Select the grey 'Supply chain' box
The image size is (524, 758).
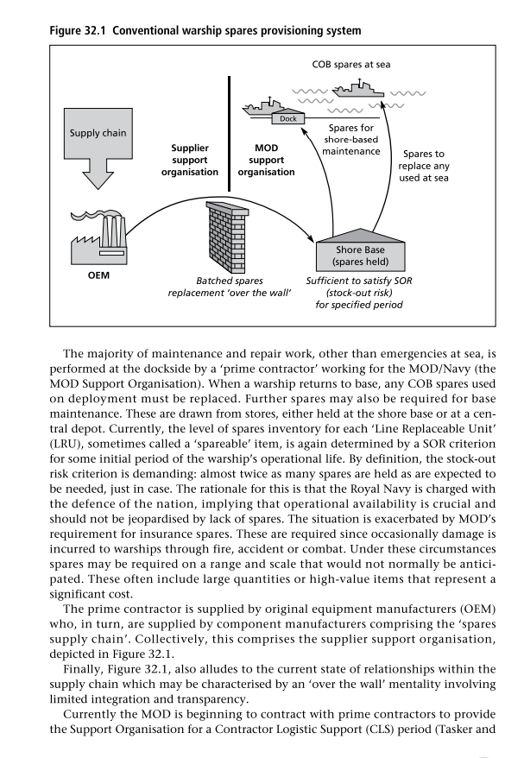point(98,133)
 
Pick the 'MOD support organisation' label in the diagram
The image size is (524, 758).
point(266,161)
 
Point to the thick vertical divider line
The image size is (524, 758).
point(230,134)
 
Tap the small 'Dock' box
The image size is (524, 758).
point(287,118)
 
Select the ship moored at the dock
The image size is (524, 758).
point(260,106)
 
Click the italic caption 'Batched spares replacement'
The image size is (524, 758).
point(230,287)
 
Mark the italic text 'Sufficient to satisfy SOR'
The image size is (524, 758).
point(358,281)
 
